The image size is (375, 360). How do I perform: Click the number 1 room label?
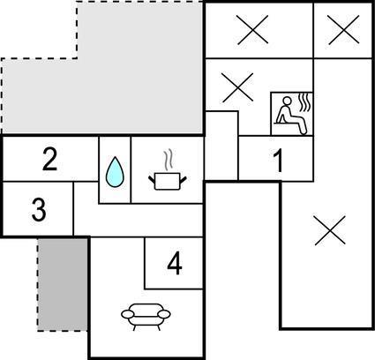tap(279, 161)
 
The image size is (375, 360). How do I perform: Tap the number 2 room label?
tap(50, 159)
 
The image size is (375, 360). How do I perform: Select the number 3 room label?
tap(39, 210)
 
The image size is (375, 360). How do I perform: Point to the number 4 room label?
tap(175, 263)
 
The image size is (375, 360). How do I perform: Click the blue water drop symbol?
tap(115, 172)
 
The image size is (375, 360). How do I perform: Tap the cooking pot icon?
tap(168, 181)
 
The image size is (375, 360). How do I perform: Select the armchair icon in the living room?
tap(146, 317)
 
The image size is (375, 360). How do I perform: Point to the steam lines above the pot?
tap(168, 161)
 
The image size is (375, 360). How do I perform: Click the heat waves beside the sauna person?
tap(304, 102)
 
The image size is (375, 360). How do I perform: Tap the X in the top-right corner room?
tap(343, 30)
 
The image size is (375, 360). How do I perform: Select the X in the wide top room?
tap(253, 30)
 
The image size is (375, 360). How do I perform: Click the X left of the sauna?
tap(237, 87)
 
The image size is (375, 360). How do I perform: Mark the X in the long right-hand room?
tap(330, 230)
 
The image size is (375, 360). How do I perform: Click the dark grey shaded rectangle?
tap(63, 284)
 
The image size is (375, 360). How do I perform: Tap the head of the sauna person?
tap(287, 101)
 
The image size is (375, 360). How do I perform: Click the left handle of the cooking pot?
tap(152, 179)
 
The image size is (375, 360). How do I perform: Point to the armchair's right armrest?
tap(164, 314)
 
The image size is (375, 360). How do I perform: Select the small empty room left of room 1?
tap(221, 146)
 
